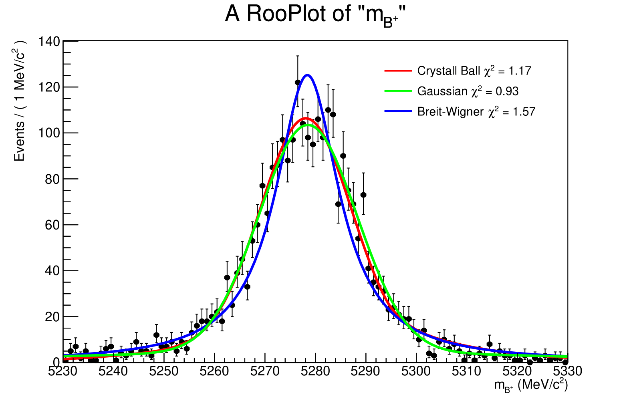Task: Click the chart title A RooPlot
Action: click(315, 14)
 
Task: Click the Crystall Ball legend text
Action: click(474, 71)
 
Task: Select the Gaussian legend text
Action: click(468, 91)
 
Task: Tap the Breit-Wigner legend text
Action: click(476, 111)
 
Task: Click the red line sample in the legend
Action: click(398, 71)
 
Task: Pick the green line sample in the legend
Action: click(398, 91)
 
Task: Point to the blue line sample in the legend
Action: click(398, 111)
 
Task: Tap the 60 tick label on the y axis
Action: click(52, 225)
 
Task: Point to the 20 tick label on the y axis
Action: click(52, 316)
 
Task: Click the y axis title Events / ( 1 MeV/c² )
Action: click(19, 100)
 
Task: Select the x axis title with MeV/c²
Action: click(531, 385)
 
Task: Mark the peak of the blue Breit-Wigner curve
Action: click(307, 75)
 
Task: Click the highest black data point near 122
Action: click(298, 82)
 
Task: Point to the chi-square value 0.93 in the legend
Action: click(507, 91)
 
